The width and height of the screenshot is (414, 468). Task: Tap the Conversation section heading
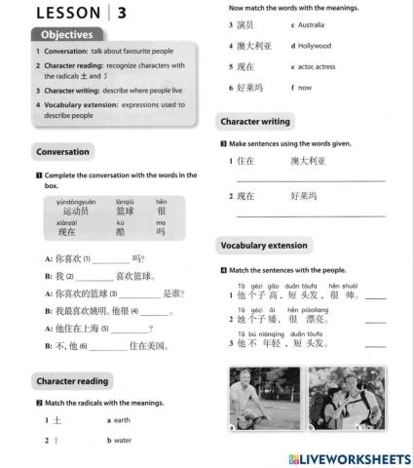[64, 151]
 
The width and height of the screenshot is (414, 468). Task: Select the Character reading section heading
[73, 380]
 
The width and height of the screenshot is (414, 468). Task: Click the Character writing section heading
[255, 122]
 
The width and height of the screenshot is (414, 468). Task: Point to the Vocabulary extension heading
[265, 245]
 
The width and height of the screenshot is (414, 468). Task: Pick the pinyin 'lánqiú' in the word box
[125, 201]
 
